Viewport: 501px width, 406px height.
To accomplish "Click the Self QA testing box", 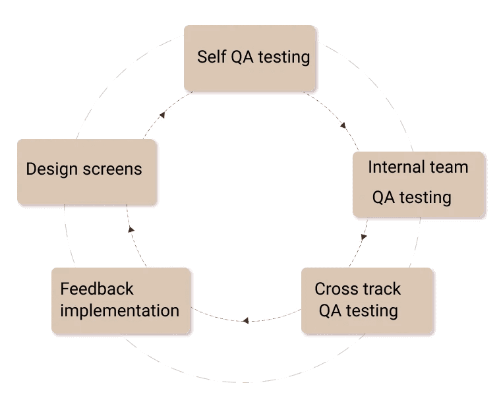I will click(249, 58).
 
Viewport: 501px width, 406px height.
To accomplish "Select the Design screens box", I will click(86, 171).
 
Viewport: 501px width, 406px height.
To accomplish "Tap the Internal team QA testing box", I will click(419, 184).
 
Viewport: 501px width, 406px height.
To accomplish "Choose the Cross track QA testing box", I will click(367, 300).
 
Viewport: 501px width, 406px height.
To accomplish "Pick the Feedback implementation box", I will click(121, 300).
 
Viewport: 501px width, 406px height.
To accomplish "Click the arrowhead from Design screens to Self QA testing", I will click(162, 115).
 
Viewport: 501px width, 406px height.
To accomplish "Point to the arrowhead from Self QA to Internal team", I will click(343, 125).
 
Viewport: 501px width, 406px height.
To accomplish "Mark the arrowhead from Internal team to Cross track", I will click(364, 237).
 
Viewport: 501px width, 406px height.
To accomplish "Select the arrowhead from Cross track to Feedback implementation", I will click(245, 320).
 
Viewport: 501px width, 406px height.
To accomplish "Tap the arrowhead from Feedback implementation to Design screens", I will click(131, 229).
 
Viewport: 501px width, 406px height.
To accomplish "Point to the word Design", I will click(52, 169).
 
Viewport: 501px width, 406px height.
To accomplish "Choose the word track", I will click(382, 289).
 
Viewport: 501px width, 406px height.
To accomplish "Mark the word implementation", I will click(119, 310).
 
